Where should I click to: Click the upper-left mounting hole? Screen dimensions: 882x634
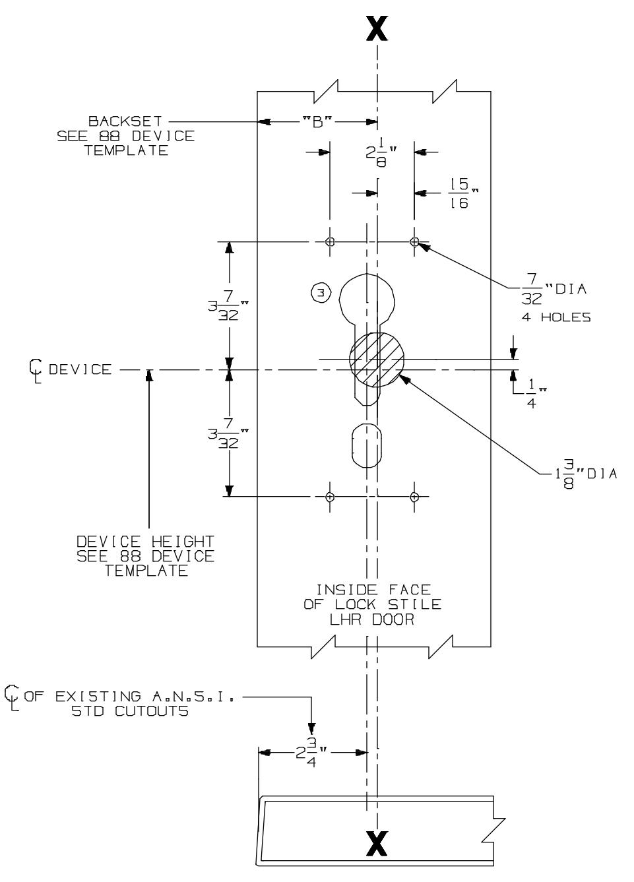pyautogui.click(x=330, y=241)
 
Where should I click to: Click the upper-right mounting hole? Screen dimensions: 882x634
pyautogui.click(x=414, y=241)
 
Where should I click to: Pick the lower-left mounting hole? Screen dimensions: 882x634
pyautogui.click(x=330, y=496)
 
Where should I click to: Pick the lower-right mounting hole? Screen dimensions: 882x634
pyautogui.click(x=414, y=496)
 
